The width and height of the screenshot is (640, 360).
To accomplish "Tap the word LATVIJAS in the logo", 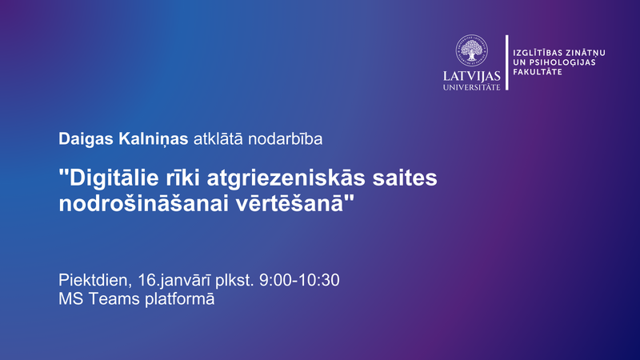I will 472,76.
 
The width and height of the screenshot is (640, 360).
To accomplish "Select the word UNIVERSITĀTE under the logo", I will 472,86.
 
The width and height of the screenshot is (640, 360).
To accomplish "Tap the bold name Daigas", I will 84,139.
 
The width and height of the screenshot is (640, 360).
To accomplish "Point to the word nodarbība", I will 286,139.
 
